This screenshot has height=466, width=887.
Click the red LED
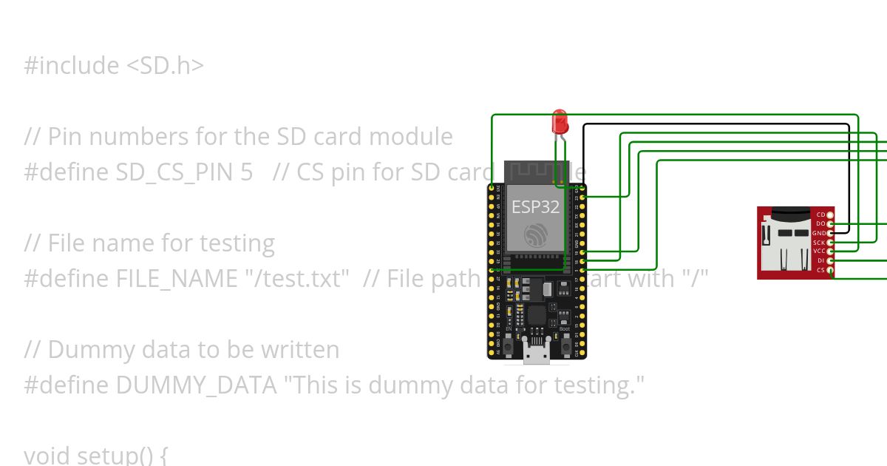(x=560, y=120)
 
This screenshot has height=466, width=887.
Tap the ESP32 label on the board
(x=536, y=207)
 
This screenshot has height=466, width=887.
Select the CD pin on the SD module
(x=831, y=215)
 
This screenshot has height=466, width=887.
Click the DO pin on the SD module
(x=831, y=223)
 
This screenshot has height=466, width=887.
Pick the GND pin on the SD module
(x=831, y=233)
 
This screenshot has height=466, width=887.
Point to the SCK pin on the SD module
(x=831, y=243)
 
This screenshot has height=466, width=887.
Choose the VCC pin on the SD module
(x=831, y=251)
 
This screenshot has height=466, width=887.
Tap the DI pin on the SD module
(x=831, y=261)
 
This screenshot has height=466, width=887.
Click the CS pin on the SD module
(x=831, y=271)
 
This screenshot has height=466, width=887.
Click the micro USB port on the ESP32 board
(x=537, y=354)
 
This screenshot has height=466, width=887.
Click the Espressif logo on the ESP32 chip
(x=536, y=235)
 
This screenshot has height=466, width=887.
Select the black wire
(x=717, y=125)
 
